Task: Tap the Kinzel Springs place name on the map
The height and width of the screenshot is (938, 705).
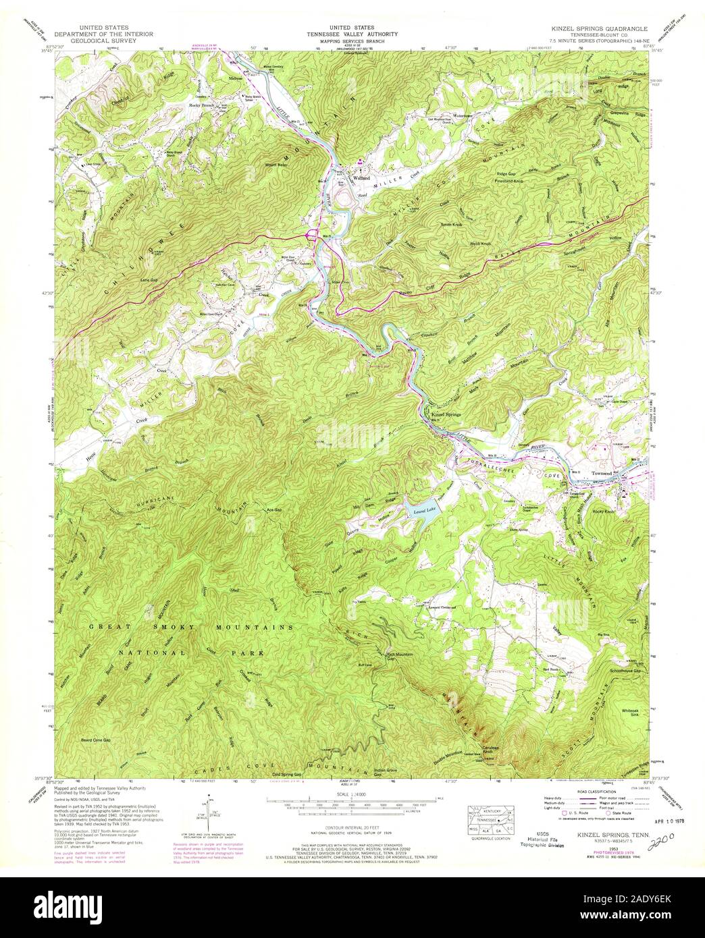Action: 446,413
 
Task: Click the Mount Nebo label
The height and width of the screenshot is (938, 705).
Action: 277,165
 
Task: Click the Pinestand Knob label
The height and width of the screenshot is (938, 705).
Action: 508,181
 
